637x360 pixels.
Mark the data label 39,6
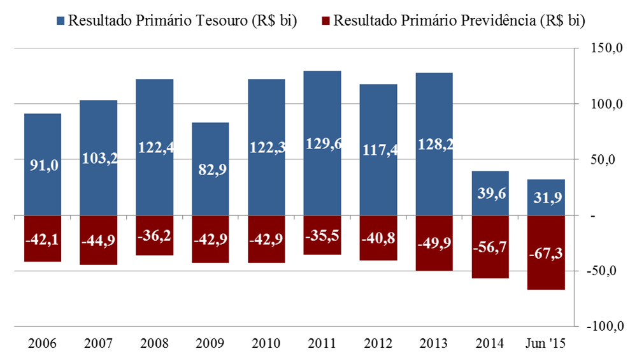tap(490, 194)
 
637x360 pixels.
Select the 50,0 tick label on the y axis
tap(607, 160)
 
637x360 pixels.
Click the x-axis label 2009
tap(210, 343)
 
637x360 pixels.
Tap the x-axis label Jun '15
tap(545, 343)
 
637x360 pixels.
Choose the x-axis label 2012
tap(378, 343)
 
